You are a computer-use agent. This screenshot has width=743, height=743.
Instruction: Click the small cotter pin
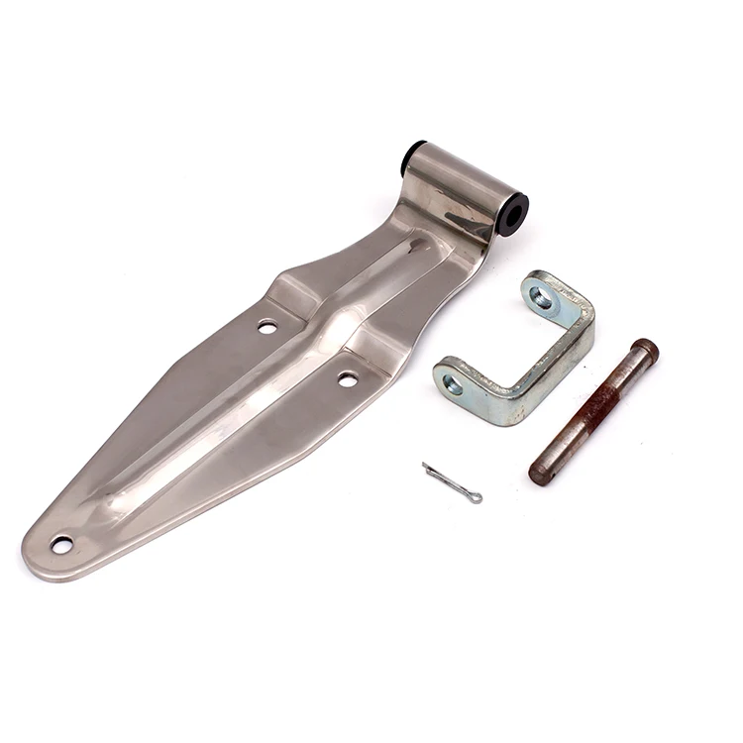pos(451,481)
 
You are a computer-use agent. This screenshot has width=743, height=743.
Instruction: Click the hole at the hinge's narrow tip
pos(61,544)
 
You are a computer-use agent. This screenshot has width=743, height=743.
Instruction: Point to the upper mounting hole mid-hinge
pos(267,325)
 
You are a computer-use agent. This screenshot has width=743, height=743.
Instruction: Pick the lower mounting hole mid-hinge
pos(348,378)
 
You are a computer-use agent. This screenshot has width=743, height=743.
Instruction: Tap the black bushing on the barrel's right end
pos(514,212)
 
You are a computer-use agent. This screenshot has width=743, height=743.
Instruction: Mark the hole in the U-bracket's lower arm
pos(453,383)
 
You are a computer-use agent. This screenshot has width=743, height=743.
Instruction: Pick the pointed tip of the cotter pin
pos(425,465)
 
